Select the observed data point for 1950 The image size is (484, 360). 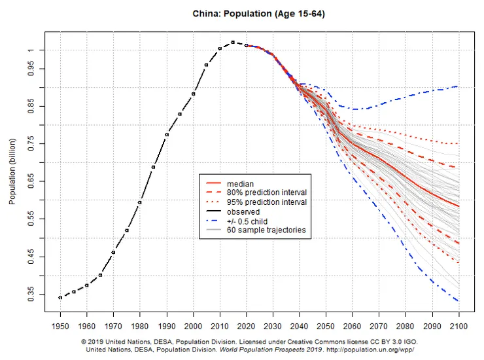coord(60,297)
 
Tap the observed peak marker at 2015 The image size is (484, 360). coord(233,43)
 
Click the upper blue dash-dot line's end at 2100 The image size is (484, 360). coord(457,86)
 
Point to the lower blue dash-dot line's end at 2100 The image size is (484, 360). coord(457,300)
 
